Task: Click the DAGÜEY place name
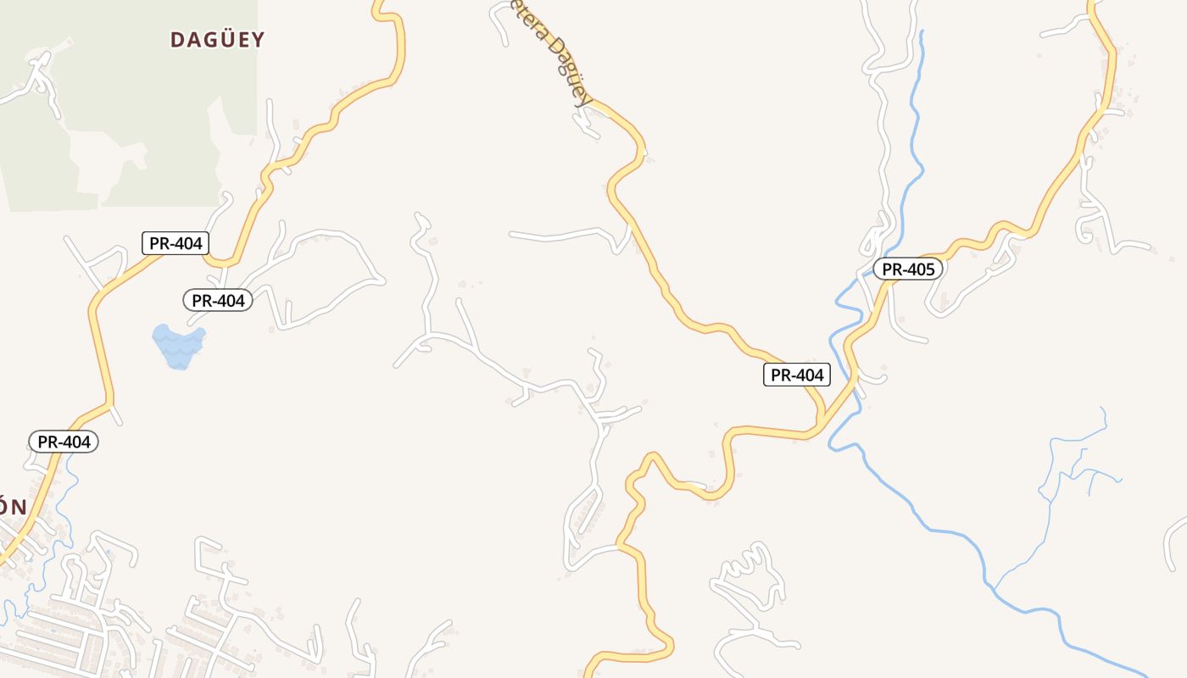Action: point(218,40)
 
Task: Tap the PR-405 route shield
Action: point(908,270)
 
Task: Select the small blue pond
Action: point(178,346)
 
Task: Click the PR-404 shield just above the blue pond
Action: point(218,300)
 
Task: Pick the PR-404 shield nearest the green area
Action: point(176,243)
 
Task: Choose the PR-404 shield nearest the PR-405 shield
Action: point(797,375)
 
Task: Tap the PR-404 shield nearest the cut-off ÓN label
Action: point(64,442)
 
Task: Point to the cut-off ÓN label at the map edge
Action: point(12,508)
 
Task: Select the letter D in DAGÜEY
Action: point(178,40)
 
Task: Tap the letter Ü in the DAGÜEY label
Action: point(219,39)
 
